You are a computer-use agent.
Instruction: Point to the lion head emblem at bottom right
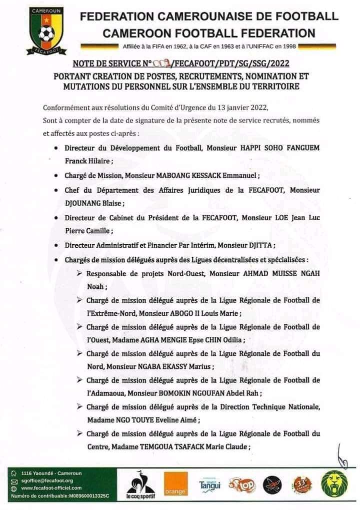pos(335,485)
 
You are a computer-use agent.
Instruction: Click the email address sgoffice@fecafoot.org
pos(47,481)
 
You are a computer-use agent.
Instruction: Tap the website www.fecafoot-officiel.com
pos(51,488)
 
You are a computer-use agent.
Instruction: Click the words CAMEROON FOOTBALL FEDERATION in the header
pos(209,34)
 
